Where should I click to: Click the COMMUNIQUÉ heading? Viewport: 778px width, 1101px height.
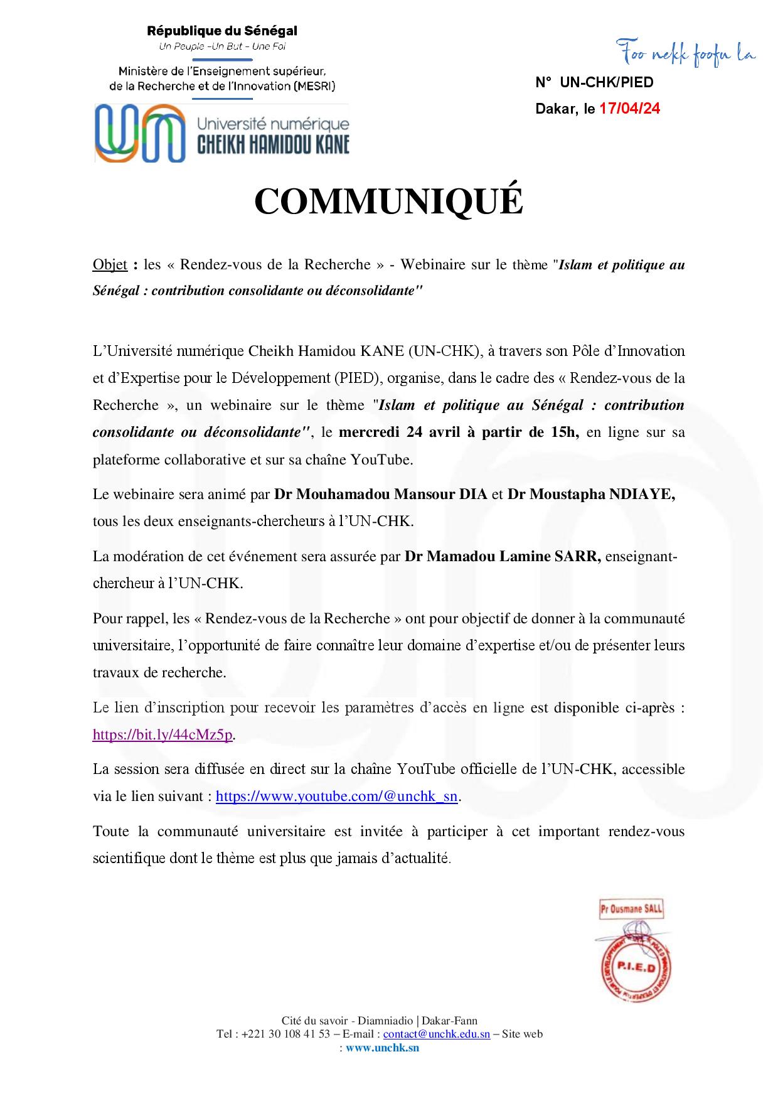[388, 201]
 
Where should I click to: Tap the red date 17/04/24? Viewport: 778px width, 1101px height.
[629, 109]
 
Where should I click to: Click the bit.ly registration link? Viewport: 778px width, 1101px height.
[163, 734]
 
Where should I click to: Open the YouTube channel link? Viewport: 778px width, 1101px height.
[336, 797]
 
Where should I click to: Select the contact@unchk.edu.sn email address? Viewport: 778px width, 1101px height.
[437, 1034]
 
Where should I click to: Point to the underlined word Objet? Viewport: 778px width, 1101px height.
[110, 264]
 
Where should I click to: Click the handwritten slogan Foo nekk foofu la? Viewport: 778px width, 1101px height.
[686, 55]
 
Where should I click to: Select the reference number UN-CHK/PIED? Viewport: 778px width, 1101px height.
[606, 82]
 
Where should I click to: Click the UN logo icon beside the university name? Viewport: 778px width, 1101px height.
[140, 133]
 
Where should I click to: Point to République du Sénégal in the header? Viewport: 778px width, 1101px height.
[221, 31]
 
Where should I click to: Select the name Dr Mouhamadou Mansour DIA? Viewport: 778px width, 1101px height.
[380, 494]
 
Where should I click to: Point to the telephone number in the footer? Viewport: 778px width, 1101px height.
[282, 1034]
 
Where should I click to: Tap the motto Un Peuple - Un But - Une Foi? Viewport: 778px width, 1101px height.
[221, 47]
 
